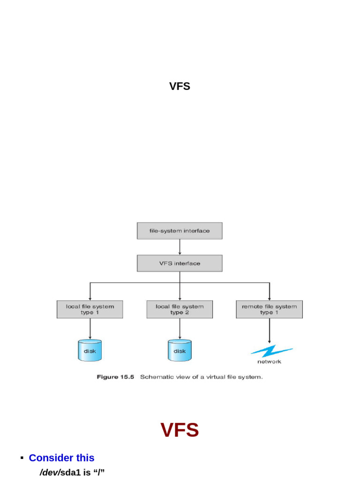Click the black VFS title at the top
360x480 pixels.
pyautogui.click(x=180, y=86)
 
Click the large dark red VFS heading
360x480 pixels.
pyautogui.click(x=180, y=430)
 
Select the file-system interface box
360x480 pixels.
pyautogui.click(x=180, y=231)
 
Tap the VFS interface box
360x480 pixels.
pyautogui.click(x=180, y=263)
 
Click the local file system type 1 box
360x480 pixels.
pyautogui.click(x=90, y=309)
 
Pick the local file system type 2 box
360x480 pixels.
pyautogui.click(x=180, y=309)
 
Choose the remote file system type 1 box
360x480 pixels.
pyautogui.click(x=269, y=309)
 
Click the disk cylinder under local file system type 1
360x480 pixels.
pyautogui.click(x=90, y=351)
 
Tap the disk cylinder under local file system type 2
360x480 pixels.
pyautogui.click(x=180, y=351)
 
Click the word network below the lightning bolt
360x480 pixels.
pyautogui.click(x=269, y=361)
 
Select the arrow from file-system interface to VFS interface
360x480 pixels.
pyautogui.click(x=180, y=247)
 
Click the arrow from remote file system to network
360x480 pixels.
pyautogui.click(x=269, y=331)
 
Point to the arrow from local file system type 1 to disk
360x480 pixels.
pyautogui.click(x=90, y=329)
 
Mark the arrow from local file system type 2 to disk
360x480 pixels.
pyautogui.click(x=180, y=329)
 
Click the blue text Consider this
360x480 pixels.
pyautogui.click(x=61, y=458)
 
